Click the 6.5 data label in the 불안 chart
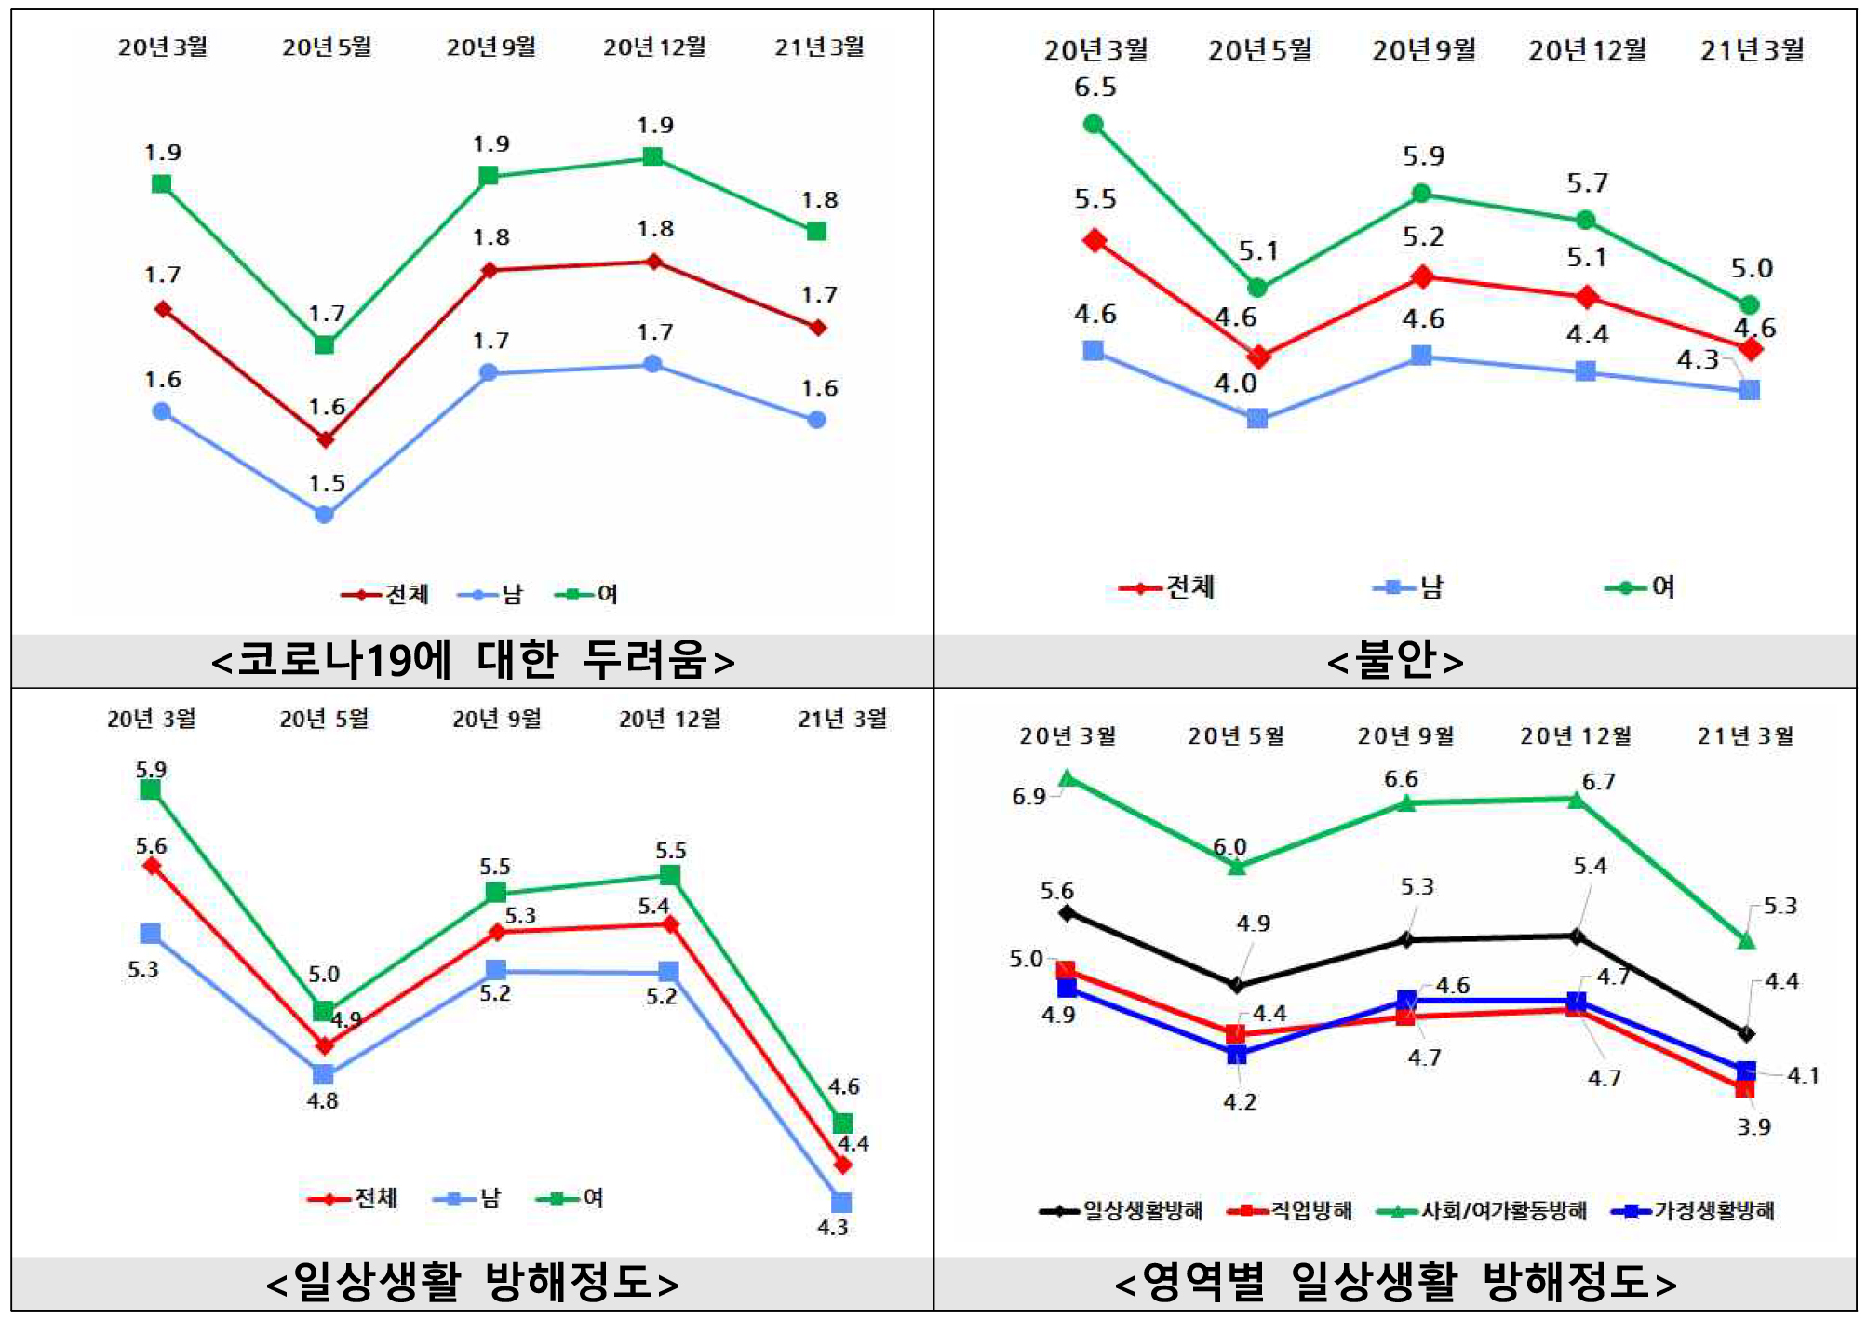(x=1095, y=88)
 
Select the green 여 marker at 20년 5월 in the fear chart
(x=324, y=344)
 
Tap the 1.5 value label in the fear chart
(x=327, y=483)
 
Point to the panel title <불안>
(x=1395, y=660)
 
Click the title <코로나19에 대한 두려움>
(x=473, y=660)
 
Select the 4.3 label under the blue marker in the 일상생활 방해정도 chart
(x=832, y=1227)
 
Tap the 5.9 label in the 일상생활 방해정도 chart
(x=151, y=770)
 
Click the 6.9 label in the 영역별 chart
(x=1028, y=797)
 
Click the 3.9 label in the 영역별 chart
(x=1753, y=1126)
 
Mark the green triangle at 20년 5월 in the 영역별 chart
(x=1237, y=867)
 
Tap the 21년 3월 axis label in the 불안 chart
(x=1752, y=50)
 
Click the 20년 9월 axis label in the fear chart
(x=490, y=47)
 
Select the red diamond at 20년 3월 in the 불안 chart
(x=1095, y=241)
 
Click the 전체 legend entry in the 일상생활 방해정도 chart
(x=353, y=1197)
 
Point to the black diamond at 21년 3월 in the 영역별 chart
(x=1746, y=1033)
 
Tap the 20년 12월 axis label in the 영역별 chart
(x=1575, y=736)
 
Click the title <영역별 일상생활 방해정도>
(x=1395, y=1283)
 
